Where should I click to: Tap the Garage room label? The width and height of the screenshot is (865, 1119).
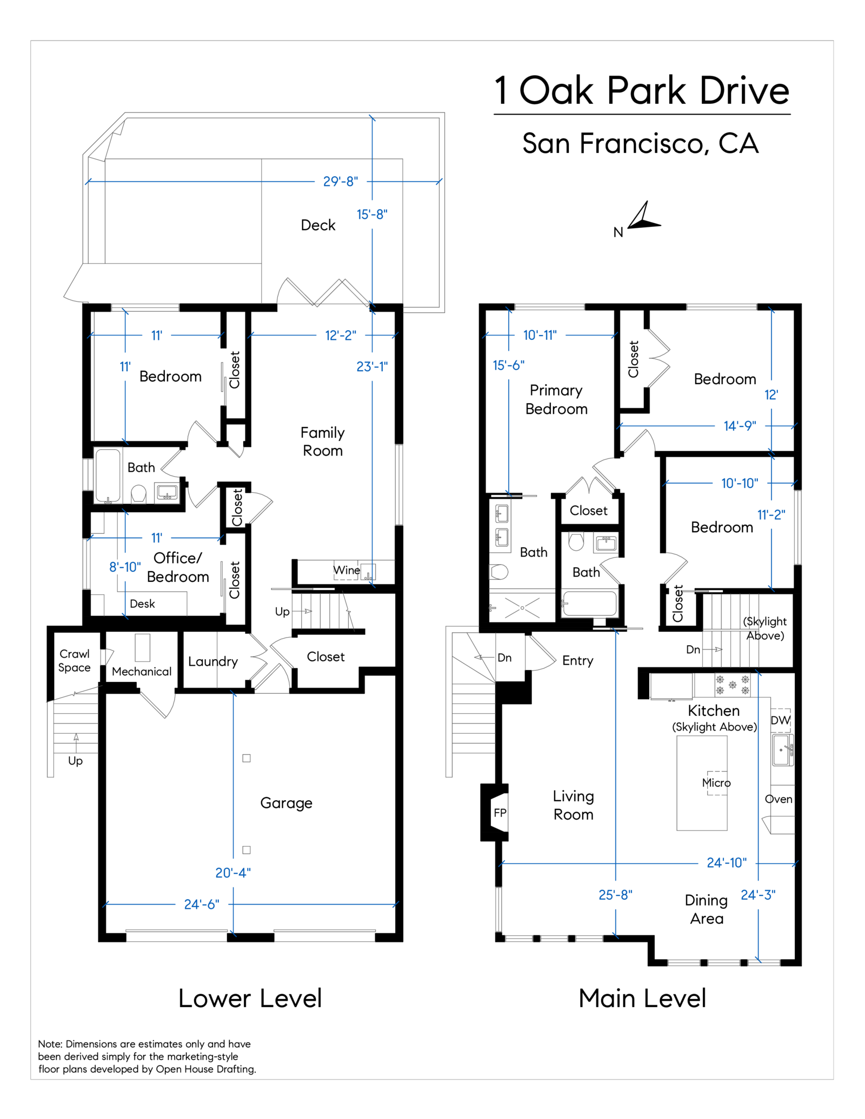[286, 803]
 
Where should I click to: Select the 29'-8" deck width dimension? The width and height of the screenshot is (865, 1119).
[340, 182]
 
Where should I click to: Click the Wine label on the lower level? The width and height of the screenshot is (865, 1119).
[347, 570]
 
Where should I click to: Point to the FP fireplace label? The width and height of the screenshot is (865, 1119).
[500, 813]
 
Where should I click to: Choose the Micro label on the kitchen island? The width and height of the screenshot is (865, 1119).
[716, 783]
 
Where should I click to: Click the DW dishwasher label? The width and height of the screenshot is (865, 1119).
[780, 720]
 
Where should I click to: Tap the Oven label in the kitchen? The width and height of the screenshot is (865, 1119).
[778, 799]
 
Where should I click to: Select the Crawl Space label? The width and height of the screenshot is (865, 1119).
[75, 660]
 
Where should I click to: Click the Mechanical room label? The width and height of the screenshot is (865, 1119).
[142, 672]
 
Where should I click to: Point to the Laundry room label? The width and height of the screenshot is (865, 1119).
[213, 661]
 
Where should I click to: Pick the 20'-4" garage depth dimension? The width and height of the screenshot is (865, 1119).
[233, 873]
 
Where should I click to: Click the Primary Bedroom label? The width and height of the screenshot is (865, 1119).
[556, 399]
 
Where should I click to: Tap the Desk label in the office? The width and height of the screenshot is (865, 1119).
[142, 604]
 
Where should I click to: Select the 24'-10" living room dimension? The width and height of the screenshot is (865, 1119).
[727, 863]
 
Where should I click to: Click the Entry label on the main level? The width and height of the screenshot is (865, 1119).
[577, 660]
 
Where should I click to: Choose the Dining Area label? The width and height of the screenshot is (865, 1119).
[707, 909]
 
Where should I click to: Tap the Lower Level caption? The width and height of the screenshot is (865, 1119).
[250, 999]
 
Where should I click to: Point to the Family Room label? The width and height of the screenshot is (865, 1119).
[323, 441]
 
